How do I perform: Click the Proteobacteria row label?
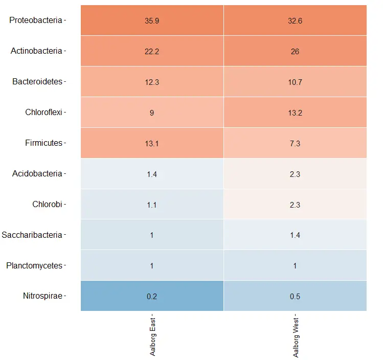36,20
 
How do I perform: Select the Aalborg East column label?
152,336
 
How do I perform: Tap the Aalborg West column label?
296,337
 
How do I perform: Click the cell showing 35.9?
152,20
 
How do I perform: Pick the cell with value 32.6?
295,20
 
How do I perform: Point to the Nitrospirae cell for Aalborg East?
152,296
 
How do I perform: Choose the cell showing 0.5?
295,296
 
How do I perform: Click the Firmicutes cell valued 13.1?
152,143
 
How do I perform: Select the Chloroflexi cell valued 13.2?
295,112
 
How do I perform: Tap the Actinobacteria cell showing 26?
295,51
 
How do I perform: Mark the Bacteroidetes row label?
37,81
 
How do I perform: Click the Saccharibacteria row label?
32,235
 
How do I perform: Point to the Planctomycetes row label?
34,265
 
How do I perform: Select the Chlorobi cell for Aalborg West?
295,204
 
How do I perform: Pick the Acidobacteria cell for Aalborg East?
152,174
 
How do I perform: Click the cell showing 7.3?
295,143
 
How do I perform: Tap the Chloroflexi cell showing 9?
152,112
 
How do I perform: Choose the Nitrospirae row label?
43,296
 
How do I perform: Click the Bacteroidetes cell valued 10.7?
295,82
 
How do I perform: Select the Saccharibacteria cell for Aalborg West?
295,235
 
